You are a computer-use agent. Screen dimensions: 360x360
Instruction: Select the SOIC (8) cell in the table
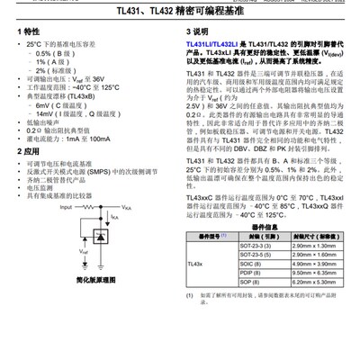252,263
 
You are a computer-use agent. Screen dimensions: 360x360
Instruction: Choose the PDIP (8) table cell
252,272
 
